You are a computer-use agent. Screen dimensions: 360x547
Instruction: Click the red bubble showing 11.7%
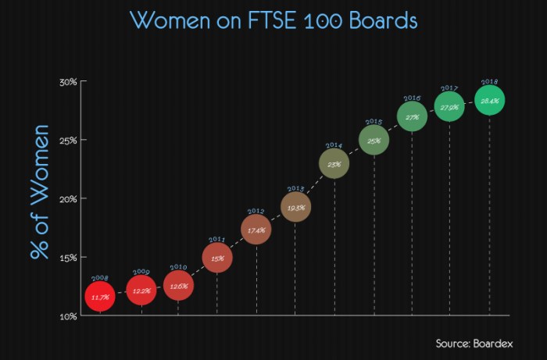coord(100,297)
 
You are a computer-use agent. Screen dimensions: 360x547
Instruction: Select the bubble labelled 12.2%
coord(141,290)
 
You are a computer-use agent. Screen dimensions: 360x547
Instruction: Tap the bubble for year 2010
coord(178,286)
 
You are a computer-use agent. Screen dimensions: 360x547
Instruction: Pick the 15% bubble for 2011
coord(217,258)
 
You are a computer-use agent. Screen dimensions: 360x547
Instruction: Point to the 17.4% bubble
coord(256,230)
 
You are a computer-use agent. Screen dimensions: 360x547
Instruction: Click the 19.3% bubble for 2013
coord(295,208)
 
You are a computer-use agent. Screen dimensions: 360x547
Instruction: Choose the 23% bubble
coord(334,164)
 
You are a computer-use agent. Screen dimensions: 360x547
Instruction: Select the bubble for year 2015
coord(374,141)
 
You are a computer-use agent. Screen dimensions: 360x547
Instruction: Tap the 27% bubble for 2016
coord(412,117)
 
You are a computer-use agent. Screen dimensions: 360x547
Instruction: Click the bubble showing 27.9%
coord(449,106)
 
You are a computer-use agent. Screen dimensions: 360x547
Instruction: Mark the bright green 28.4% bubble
coord(489,101)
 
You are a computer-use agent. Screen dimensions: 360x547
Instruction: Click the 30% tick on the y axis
coord(67,82)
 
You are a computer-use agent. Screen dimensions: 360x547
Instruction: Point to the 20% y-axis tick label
coord(67,199)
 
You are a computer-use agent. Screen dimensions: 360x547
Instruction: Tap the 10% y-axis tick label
coord(67,316)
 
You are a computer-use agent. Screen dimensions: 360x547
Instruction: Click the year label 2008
coord(100,278)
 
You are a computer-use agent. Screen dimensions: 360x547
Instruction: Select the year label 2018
coord(490,82)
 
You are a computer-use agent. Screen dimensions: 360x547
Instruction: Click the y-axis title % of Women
coord(40,192)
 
